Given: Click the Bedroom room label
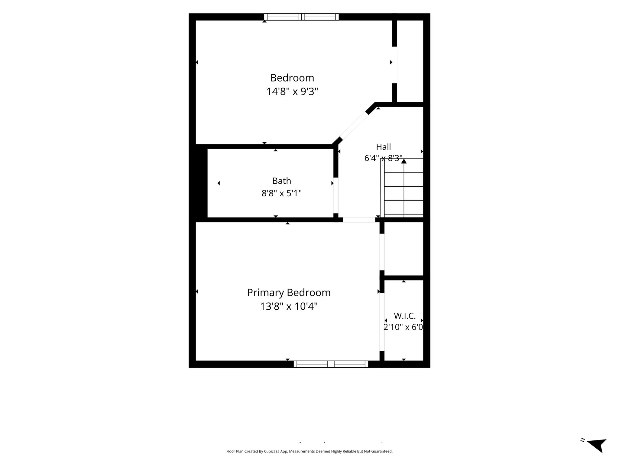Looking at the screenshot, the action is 292,78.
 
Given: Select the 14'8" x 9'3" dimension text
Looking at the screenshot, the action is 292,91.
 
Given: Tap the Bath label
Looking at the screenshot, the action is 282,181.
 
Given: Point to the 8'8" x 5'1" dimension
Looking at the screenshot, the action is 282,193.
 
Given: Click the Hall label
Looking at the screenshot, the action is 384,147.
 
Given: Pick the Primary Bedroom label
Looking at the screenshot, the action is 289,293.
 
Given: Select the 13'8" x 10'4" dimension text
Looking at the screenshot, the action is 289,307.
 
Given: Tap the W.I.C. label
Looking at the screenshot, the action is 405,316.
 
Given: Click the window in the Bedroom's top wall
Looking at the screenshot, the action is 301,17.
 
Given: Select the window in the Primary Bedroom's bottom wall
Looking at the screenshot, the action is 331,364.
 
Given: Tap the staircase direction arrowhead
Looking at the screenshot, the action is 404,161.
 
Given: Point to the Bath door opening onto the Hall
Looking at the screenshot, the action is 336,195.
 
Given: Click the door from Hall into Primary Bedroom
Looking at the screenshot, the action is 359,220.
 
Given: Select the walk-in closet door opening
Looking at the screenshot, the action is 382,322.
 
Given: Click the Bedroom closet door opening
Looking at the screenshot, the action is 394,65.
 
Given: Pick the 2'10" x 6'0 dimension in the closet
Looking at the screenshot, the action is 403,327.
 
